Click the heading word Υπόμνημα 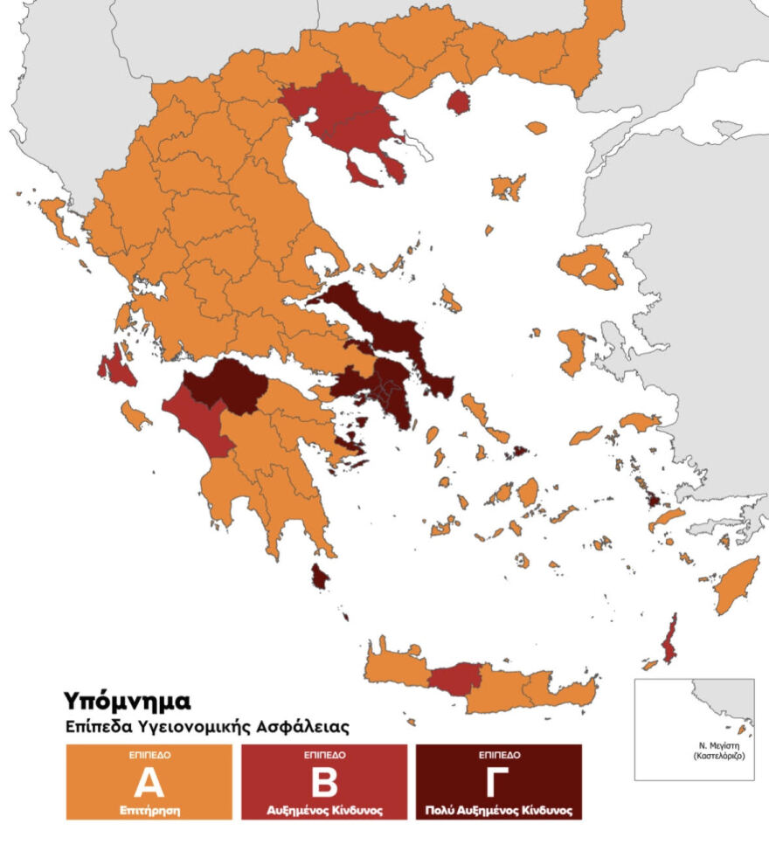(x=127, y=701)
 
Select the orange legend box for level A (x=149, y=782)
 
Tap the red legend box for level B (x=323, y=782)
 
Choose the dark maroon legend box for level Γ (x=498, y=782)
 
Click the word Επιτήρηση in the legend (x=149, y=811)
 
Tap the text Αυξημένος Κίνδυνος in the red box (x=323, y=811)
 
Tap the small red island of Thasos (x=458, y=103)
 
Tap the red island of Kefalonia (x=115, y=369)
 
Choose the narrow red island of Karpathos (x=670, y=641)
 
